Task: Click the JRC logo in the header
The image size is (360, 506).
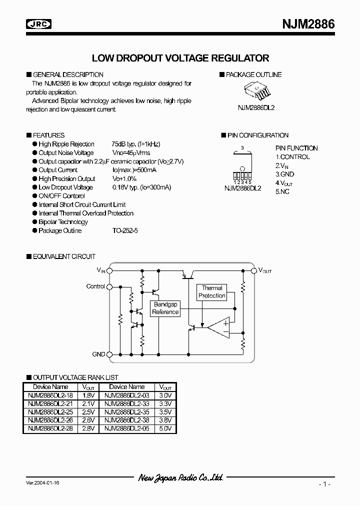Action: pos(40,23)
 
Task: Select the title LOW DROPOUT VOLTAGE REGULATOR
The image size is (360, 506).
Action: pos(181,58)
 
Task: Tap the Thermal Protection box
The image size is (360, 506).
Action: pos(212,291)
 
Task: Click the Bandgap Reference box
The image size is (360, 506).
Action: pos(165,308)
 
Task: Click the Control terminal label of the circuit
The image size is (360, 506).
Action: pos(95,286)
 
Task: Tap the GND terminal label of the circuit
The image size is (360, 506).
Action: pos(98,354)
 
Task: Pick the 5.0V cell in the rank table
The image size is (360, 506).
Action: pos(165,428)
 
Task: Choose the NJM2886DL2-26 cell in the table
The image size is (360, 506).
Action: pos(50,420)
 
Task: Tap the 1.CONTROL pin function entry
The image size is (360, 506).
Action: pos(292,157)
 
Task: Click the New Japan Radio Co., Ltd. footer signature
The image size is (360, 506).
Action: pos(180,478)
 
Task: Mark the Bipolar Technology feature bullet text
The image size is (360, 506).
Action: pos(63,222)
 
